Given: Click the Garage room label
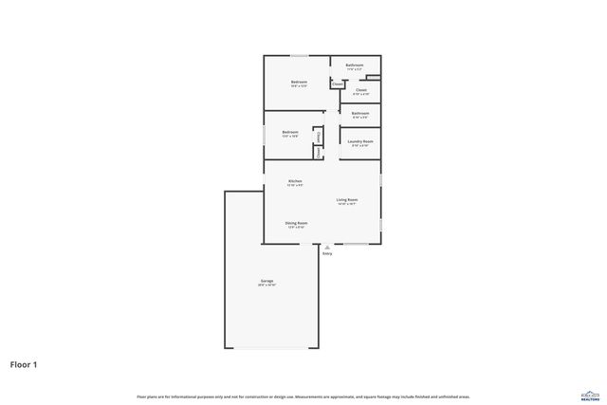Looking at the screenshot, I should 267,282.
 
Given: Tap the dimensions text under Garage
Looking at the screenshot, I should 267,286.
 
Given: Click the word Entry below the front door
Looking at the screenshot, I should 327,254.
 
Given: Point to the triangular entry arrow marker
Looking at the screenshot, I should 327,247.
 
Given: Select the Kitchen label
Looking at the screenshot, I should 295,180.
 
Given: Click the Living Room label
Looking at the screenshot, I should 346,199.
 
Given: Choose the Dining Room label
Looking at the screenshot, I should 296,223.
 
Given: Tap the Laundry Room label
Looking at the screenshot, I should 361,141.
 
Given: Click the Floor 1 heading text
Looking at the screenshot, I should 25,363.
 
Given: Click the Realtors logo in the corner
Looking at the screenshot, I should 589,394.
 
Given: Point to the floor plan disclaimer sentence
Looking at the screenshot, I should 303,396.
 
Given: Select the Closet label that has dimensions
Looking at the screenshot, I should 361,90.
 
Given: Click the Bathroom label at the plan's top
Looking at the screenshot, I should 354,65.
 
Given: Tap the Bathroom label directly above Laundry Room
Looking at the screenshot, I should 360,113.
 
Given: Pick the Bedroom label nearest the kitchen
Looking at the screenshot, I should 289,132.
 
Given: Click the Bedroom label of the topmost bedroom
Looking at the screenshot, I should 299,82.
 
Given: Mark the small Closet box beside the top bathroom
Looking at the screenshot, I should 337,84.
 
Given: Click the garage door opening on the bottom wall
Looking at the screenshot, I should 270,347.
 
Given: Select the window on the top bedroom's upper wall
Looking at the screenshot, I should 298,55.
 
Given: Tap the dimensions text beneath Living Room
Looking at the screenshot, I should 346,204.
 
